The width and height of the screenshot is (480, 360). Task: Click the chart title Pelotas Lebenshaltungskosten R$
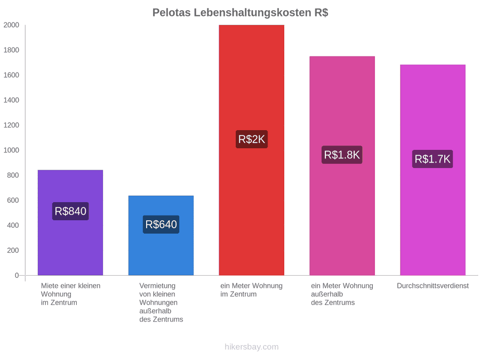click(241, 13)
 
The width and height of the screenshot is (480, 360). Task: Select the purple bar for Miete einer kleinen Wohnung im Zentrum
click(70, 222)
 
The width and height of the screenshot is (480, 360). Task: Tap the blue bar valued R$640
click(161, 235)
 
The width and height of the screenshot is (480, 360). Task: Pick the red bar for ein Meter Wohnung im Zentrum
click(251, 150)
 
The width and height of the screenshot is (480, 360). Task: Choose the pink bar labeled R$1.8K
click(342, 166)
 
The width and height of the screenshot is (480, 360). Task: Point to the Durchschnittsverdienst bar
click(433, 170)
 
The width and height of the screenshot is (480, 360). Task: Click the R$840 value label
click(70, 211)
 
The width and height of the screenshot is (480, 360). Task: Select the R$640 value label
click(161, 225)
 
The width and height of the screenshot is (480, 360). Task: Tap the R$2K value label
click(252, 139)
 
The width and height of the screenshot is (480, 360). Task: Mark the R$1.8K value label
click(342, 155)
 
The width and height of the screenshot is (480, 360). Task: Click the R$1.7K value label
click(433, 159)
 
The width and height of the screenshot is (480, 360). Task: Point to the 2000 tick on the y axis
click(11, 25)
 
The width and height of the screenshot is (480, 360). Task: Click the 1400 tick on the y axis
click(11, 100)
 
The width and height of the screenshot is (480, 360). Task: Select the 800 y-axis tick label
click(13, 175)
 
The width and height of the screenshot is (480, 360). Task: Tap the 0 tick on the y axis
click(17, 275)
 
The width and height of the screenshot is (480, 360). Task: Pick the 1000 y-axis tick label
click(11, 150)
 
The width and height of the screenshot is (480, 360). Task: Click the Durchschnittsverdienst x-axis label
click(433, 286)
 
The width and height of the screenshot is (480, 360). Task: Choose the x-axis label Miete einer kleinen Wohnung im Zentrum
click(71, 294)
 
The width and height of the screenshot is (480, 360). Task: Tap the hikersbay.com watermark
click(252, 347)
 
